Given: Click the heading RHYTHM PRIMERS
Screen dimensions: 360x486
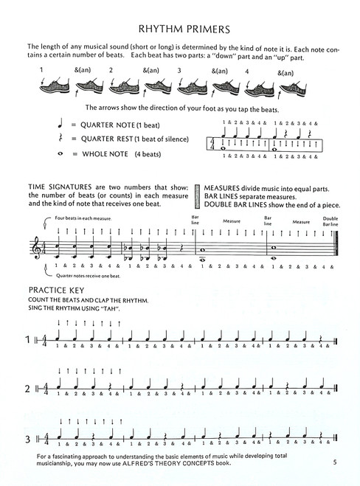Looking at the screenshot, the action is tap(179, 29).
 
